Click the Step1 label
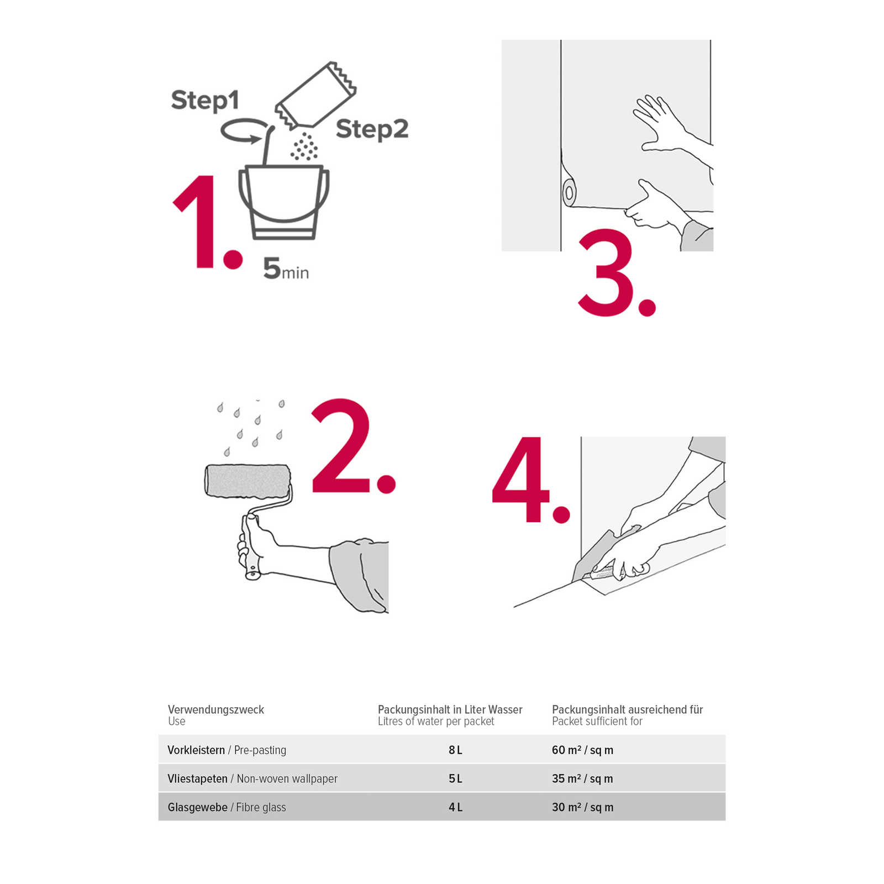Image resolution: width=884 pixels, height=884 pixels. click(x=205, y=101)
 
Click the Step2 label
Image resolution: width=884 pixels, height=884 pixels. click(x=372, y=130)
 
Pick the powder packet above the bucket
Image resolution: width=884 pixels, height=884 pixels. click(x=315, y=95)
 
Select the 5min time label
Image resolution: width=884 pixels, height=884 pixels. click(x=286, y=269)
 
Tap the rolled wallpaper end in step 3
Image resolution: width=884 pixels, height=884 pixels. click(x=569, y=193)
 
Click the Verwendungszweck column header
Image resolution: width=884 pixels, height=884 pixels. click(x=216, y=709)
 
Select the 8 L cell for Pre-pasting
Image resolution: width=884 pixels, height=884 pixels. click(x=455, y=750)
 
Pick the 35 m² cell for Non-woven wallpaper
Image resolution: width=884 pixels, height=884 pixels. click(x=582, y=778)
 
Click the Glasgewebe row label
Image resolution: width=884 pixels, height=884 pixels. click(x=197, y=807)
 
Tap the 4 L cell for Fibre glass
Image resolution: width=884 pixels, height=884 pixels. click(x=455, y=807)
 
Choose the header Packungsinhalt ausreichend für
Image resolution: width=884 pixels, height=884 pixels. click(x=627, y=709)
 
